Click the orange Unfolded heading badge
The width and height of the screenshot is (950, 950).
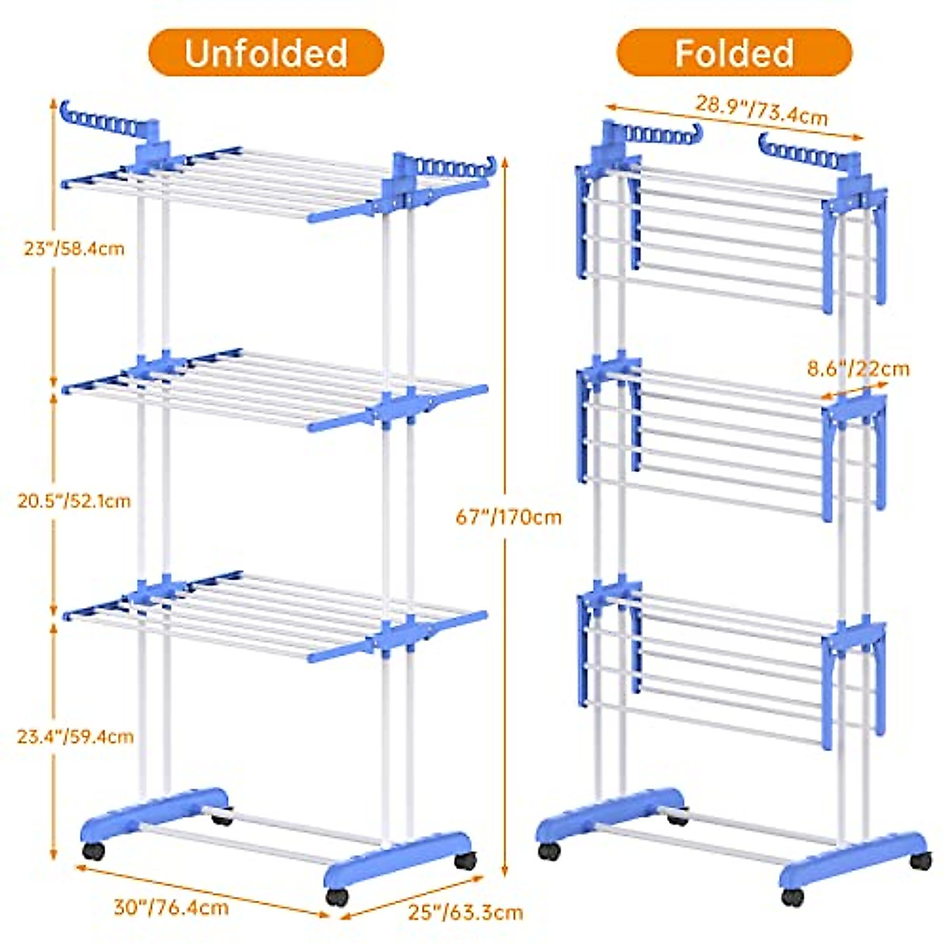(x=266, y=53)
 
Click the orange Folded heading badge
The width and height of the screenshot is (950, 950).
(x=734, y=53)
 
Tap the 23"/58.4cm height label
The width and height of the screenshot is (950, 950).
(x=74, y=249)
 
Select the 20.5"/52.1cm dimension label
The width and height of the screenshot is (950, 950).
(x=74, y=501)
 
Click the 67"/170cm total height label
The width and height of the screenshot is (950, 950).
(x=508, y=517)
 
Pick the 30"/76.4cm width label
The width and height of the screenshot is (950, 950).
(x=171, y=906)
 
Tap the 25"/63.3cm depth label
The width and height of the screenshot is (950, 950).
(x=465, y=912)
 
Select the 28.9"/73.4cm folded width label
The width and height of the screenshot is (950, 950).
(x=762, y=110)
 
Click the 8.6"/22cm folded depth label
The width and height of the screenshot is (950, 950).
(x=858, y=368)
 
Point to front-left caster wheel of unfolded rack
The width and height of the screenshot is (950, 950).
(x=93, y=852)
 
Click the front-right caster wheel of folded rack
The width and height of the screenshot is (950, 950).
(x=792, y=896)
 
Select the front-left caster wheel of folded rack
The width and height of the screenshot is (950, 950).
(x=549, y=852)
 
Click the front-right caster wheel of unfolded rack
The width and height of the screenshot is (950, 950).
(x=337, y=896)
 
